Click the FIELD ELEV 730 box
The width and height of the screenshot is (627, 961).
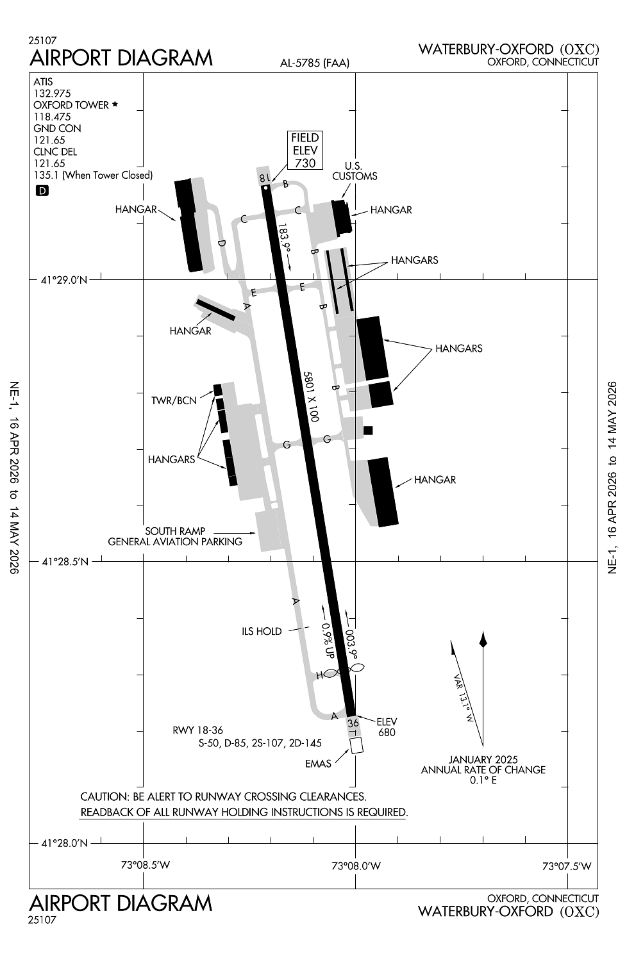(x=305, y=151)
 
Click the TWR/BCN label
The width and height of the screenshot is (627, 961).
(x=174, y=401)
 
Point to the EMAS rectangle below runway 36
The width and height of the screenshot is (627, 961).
(x=356, y=745)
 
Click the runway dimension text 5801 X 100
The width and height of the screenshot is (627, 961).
(x=311, y=396)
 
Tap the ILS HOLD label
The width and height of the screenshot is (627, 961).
(x=262, y=631)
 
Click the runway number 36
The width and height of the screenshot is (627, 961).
(x=353, y=723)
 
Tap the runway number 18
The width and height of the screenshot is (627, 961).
(x=263, y=177)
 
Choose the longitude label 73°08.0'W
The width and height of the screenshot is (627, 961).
(x=356, y=866)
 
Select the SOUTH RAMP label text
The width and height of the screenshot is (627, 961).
(x=175, y=530)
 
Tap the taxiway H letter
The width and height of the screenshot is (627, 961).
(x=319, y=675)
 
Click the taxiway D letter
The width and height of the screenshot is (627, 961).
(x=222, y=243)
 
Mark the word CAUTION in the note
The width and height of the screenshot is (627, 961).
(x=103, y=797)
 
